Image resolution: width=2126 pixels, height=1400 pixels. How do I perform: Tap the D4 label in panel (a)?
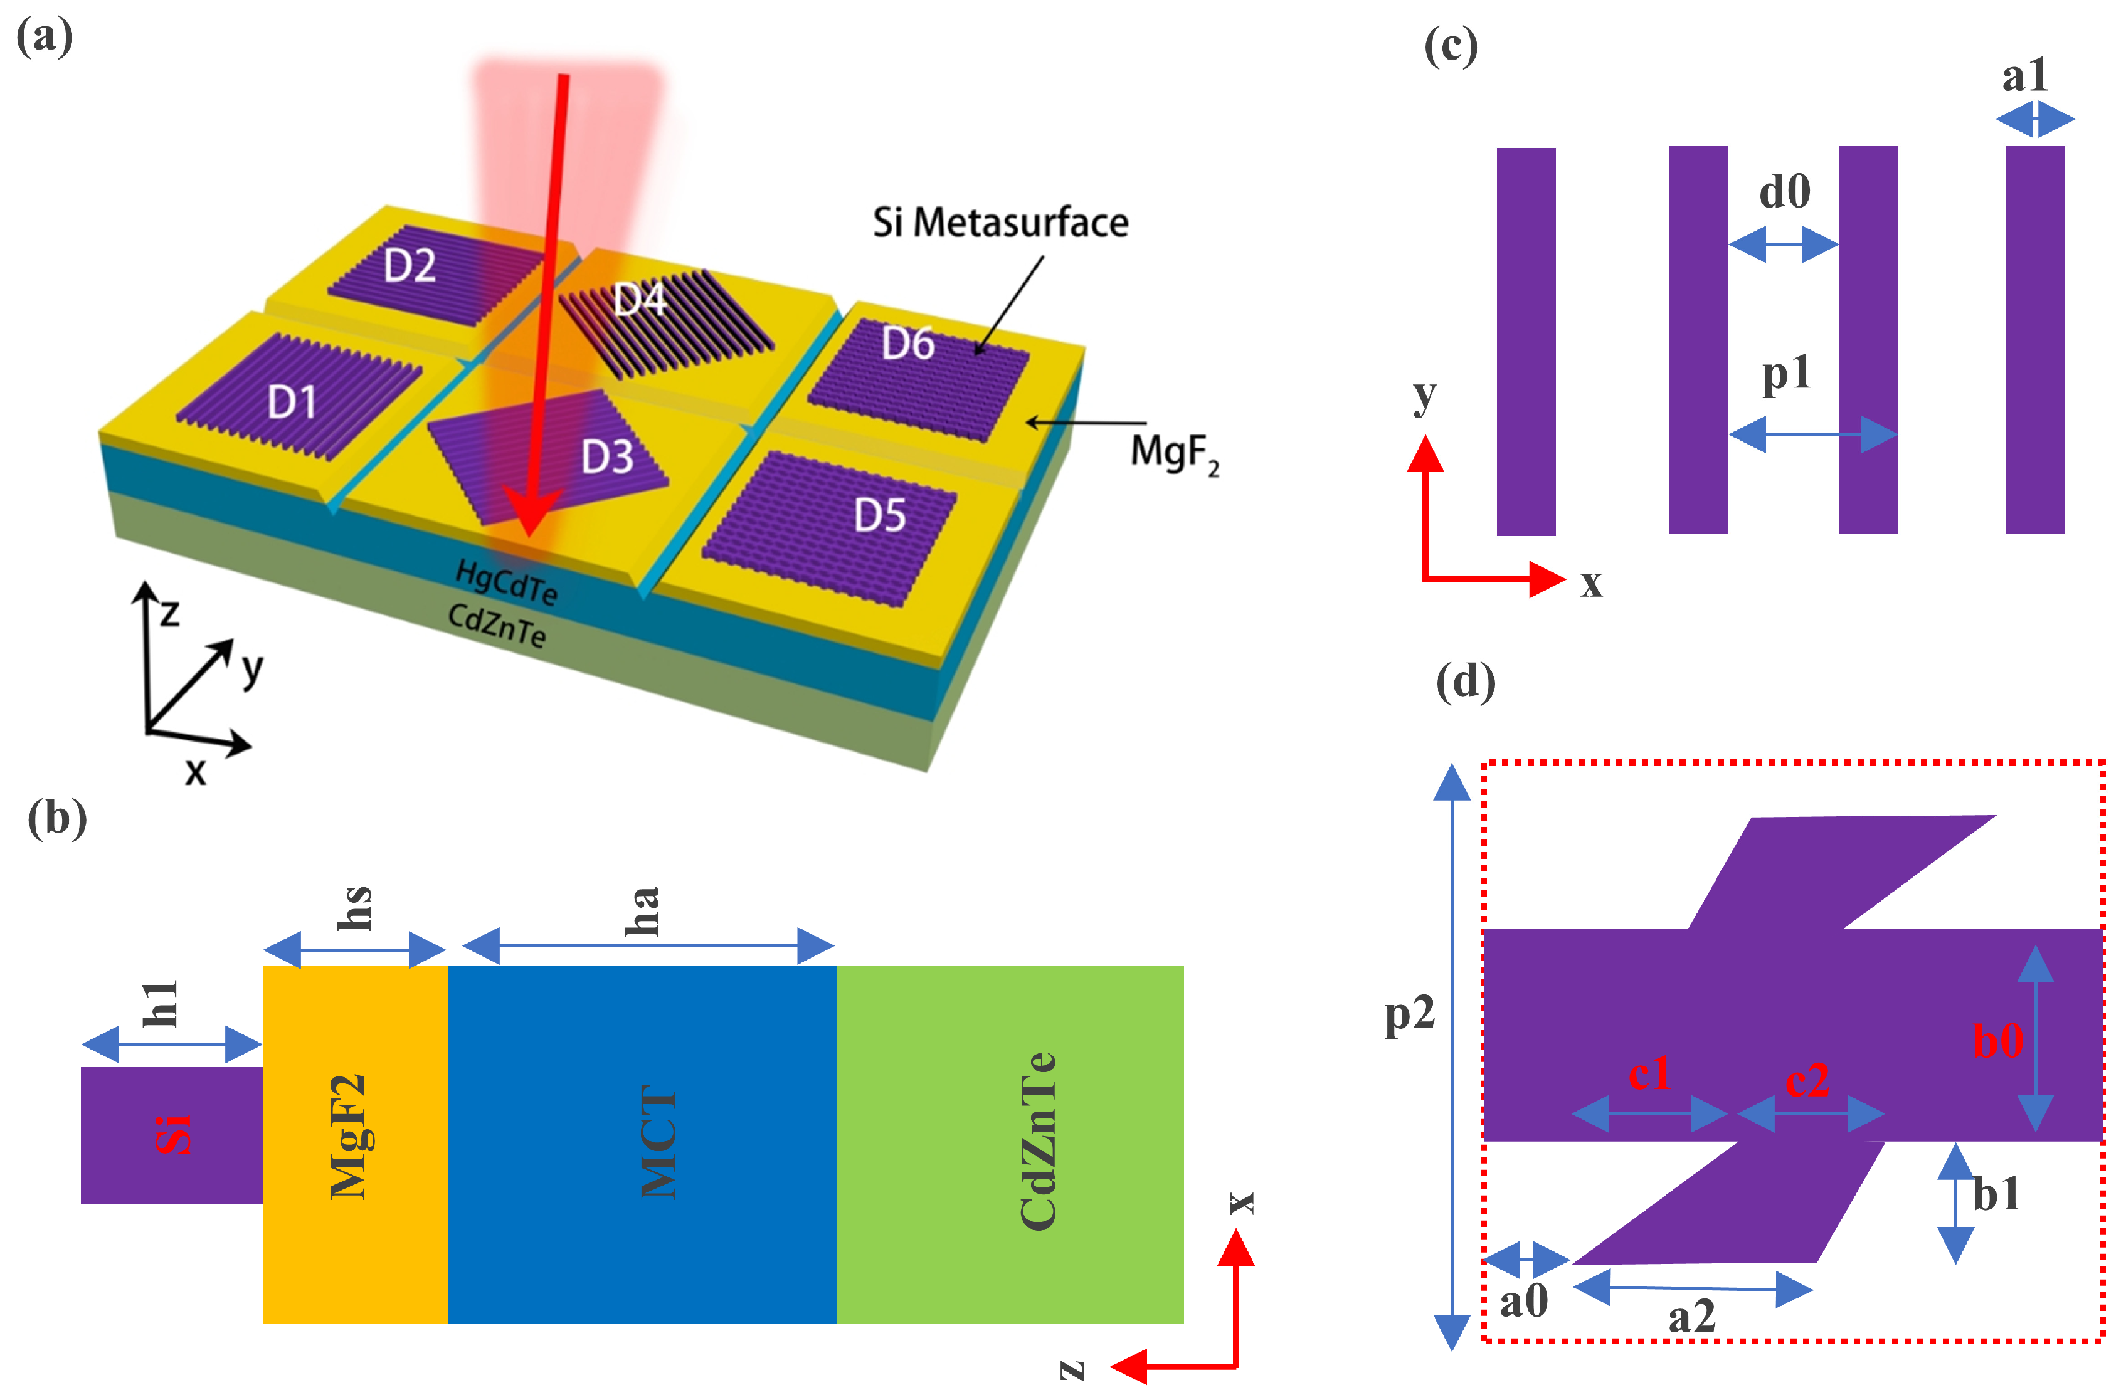[x=640, y=300]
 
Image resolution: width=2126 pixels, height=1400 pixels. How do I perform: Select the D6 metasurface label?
[x=907, y=344]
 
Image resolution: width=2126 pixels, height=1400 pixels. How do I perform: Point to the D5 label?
[x=880, y=515]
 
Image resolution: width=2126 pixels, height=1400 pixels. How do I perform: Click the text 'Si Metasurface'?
[x=1000, y=223]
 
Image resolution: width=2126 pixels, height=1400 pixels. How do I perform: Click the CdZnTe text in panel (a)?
[x=497, y=625]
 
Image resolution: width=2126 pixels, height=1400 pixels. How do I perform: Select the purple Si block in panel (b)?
[x=171, y=1135]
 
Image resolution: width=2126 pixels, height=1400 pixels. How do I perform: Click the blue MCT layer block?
[x=642, y=1143]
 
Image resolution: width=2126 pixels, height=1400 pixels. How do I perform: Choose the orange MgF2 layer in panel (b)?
[x=354, y=1143]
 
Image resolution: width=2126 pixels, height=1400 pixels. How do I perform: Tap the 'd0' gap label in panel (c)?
[x=1784, y=191]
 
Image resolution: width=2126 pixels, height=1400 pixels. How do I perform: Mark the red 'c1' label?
[x=1649, y=1072]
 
